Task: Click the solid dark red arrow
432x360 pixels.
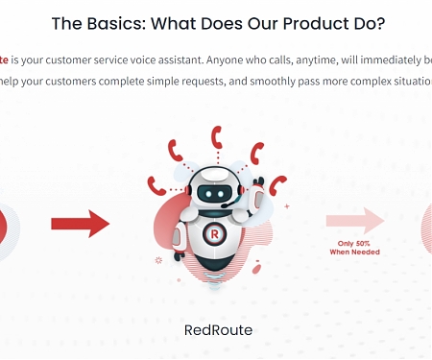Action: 81,225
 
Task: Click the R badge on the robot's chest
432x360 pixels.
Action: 214,233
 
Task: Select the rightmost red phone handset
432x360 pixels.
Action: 278,185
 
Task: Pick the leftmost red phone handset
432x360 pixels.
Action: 156,181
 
